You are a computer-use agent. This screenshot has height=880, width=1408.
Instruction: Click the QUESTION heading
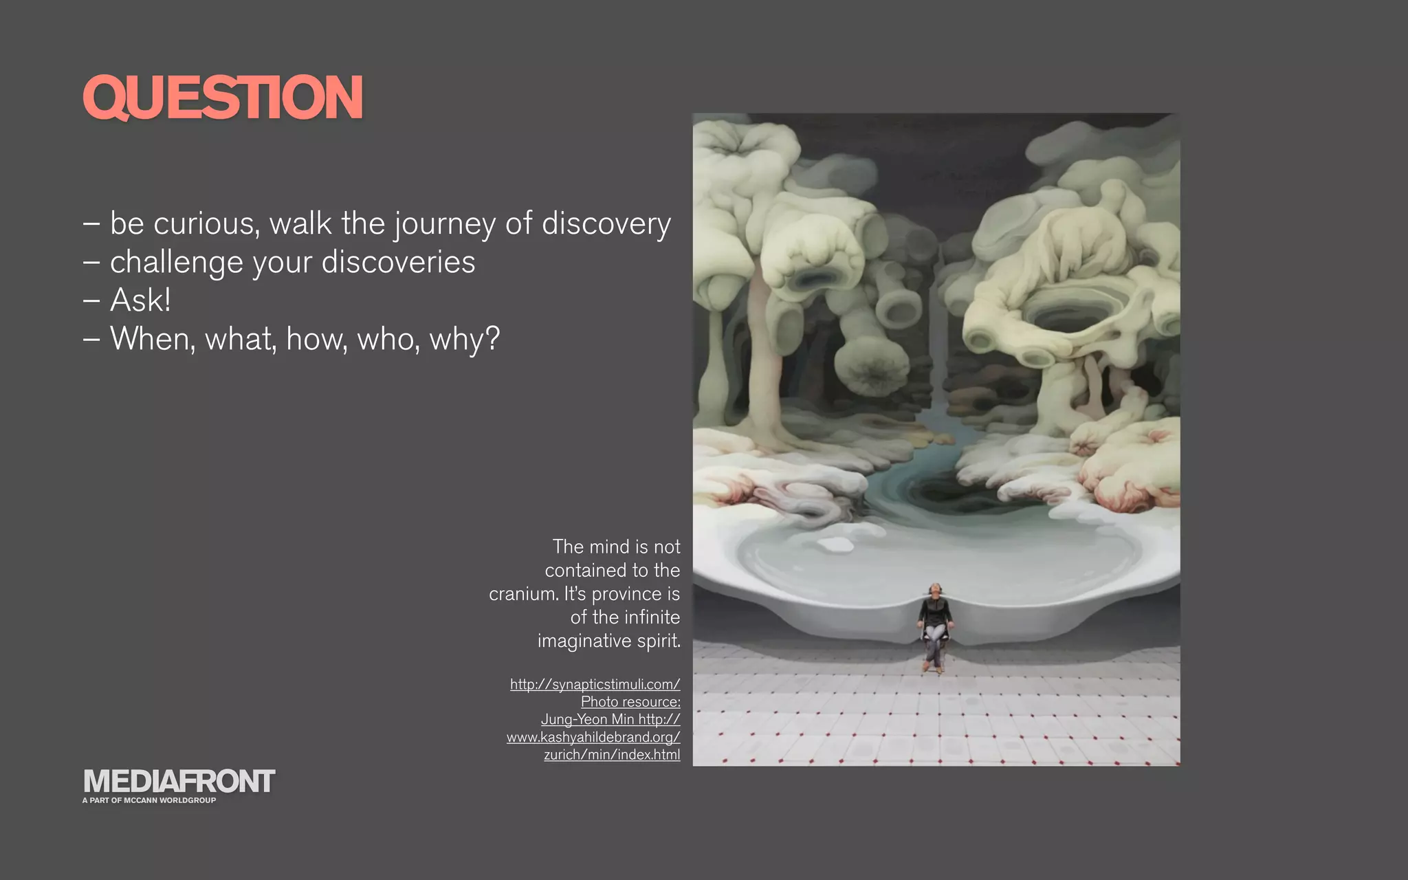pos(222,97)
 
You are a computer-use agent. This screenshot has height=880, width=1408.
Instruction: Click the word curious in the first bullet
pos(206,224)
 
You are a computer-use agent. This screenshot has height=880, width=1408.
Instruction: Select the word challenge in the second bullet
pos(176,263)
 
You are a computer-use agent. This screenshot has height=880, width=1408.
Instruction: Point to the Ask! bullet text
pos(140,300)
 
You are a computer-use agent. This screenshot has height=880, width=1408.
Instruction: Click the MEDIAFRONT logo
pos(179,782)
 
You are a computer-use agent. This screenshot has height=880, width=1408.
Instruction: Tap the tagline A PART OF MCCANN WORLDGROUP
pos(149,800)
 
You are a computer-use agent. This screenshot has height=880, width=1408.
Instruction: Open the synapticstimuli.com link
pos(595,684)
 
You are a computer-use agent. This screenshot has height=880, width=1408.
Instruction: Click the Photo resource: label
pos(630,702)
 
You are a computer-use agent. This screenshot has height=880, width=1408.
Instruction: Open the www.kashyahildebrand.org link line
pos(593,738)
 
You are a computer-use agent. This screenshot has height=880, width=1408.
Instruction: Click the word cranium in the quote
pos(522,594)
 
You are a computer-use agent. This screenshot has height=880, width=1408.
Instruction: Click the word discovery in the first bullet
pos(606,224)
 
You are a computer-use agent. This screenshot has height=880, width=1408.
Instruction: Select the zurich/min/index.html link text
pos(612,755)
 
